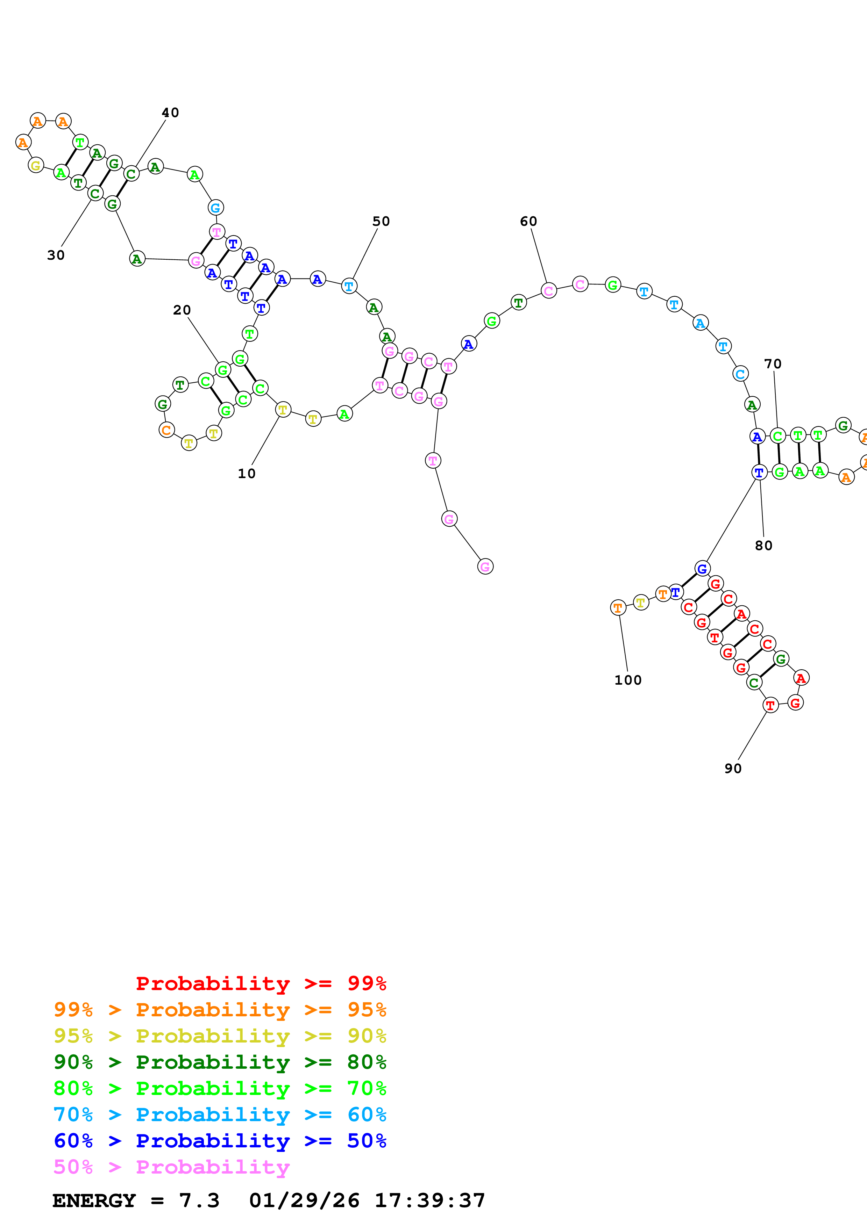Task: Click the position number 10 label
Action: [x=246, y=474]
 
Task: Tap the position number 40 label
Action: [x=170, y=113]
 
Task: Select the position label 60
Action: [x=528, y=221]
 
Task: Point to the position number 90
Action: [x=733, y=769]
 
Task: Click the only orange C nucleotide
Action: [x=167, y=430]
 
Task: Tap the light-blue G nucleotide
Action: [x=216, y=208]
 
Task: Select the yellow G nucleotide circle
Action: [x=36, y=166]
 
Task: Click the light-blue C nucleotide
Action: [x=740, y=374]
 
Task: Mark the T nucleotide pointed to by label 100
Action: [x=618, y=608]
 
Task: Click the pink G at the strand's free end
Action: [x=485, y=567]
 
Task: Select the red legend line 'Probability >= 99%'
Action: [x=261, y=983]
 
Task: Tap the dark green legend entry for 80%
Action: [x=220, y=1062]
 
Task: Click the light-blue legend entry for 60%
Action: [x=220, y=1115]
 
